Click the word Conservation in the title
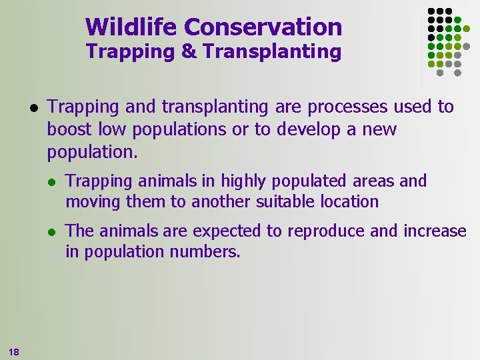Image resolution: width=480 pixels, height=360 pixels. tap(263, 27)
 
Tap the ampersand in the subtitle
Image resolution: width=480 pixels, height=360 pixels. tap(189, 51)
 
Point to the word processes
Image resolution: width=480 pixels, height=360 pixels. tap(354, 107)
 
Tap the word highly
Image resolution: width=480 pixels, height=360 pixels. tap(246, 181)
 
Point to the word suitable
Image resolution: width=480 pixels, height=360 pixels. tap(283, 201)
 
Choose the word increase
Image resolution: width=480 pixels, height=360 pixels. tap(435, 231)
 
